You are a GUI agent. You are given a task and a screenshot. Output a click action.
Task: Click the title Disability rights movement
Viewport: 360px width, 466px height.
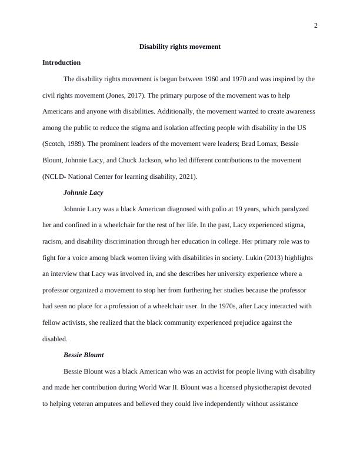(180, 46)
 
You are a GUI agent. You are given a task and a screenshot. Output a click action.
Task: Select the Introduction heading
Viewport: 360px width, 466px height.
(62, 62)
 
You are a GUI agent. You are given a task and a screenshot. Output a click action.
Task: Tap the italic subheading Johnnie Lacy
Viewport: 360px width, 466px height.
(83, 192)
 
